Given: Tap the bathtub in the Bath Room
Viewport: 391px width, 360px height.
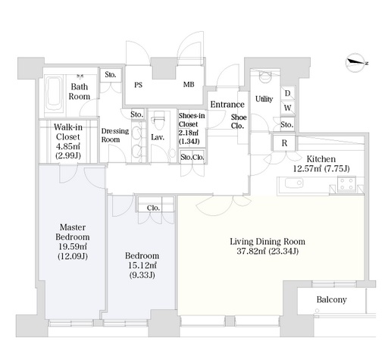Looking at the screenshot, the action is tap(54, 94).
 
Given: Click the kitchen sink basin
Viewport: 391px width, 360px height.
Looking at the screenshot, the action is tap(294, 183).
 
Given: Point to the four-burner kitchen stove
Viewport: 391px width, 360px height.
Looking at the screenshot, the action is tap(347, 183).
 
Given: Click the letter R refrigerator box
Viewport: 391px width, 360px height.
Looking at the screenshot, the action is tap(284, 143).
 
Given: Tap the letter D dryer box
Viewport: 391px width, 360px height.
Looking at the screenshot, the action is tap(287, 93).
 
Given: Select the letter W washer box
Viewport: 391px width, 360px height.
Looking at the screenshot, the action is tap(287, 108).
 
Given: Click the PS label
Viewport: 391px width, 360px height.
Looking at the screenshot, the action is tap(138, 85).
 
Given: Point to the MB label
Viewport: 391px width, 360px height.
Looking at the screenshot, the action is tap(189, 84).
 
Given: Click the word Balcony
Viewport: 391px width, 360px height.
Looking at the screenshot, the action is tap(331, 300).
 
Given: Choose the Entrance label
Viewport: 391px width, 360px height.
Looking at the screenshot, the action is tap(227, 105).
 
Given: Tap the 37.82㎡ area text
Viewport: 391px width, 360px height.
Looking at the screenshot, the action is tap(252, 252).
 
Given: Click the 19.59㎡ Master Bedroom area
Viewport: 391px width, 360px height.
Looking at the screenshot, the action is tap(73, 246).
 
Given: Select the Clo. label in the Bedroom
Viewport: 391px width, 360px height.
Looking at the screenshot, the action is tap(153, 208).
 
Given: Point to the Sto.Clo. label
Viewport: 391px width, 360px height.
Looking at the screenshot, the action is tap(192, 157).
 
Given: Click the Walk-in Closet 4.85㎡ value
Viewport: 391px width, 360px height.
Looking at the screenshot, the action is tap(68, 146).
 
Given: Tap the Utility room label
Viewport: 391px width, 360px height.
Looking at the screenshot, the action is tap(264, 99).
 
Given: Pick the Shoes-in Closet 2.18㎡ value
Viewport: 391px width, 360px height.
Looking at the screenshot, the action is tap(189, 133).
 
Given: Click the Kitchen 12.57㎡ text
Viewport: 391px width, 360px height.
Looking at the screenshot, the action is tap(307, 168).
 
